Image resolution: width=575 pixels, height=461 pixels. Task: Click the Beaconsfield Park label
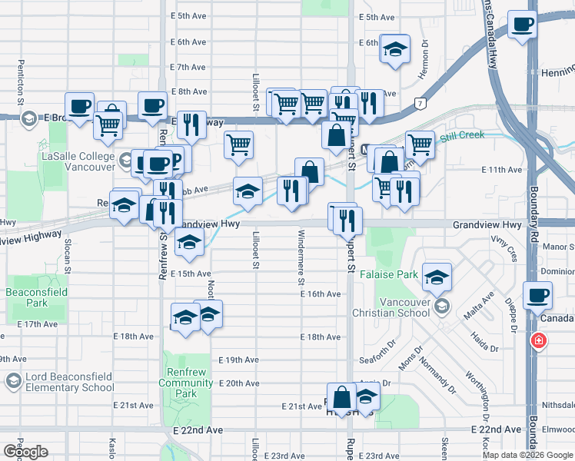[36, 298]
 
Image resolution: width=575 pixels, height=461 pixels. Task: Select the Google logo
[25, 452]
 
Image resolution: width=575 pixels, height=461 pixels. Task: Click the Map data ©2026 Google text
[527, 455]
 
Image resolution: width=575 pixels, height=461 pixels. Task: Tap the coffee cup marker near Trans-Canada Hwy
[523, 25]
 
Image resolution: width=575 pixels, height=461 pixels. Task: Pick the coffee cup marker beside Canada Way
[537, 296]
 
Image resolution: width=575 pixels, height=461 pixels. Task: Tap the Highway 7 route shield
[420, 102]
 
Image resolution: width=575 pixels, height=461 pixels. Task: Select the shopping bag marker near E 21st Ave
[342, 397]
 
